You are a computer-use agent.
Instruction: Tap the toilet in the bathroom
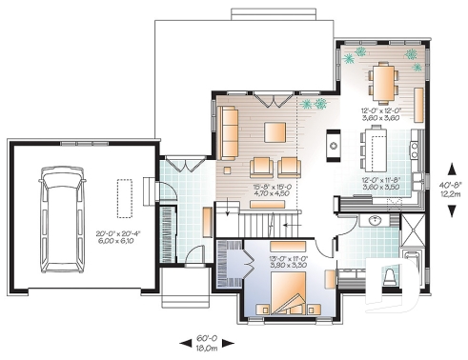pyautogui.click(x=391, y=278)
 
